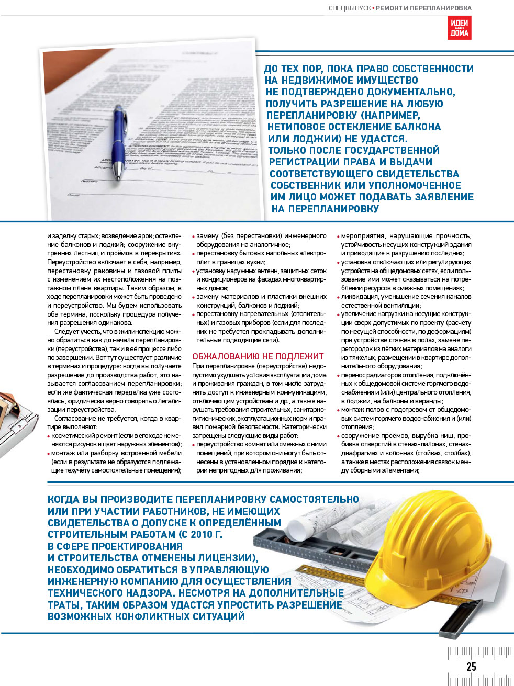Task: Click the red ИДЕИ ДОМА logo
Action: (x=459, y=28)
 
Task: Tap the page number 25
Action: (x=471, y=666)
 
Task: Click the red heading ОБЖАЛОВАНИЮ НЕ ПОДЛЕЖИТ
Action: (x=258, y=356)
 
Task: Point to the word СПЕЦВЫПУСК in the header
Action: (x=349, y=8)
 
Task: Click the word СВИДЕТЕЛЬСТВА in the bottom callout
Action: (x=86, y=523)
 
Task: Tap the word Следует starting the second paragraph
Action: (x=66, y=332)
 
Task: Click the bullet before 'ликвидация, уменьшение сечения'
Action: (x=339, y=297)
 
